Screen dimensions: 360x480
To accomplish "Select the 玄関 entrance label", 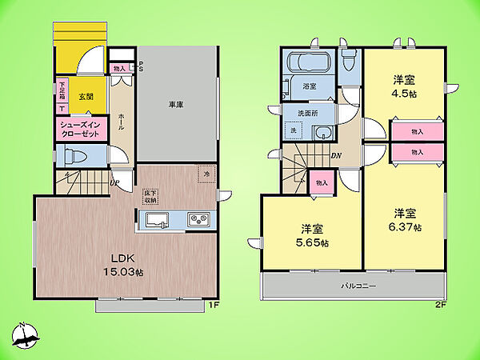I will (x=86, y=96).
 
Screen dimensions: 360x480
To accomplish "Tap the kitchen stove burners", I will (x=198, y=220).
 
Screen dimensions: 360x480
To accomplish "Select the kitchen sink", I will (x=157, y=220).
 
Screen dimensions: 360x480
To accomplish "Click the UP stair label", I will (x=115, y=182).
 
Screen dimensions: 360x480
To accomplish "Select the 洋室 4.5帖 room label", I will (x=404, y=86).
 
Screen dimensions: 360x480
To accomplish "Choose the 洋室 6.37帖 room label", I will (x=405, y=220).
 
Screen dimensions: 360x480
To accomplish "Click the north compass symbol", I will (x=26, y=337).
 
